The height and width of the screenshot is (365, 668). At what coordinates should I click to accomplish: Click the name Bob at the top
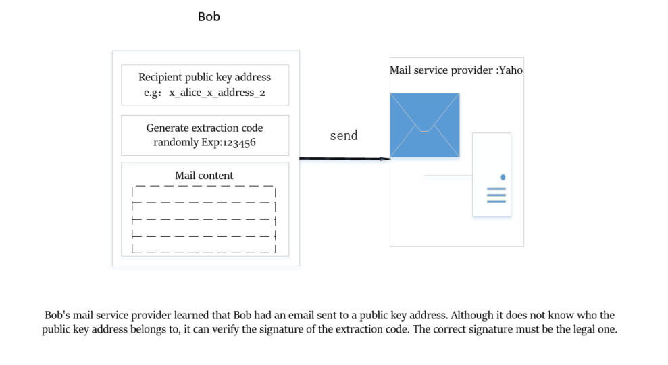[x=209, y=17]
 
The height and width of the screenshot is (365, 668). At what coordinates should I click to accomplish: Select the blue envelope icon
[x=424, y=125]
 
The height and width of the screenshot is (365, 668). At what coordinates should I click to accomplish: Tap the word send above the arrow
[x=343, y=136]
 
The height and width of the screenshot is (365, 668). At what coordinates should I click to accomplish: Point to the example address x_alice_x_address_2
[x=217, y=93]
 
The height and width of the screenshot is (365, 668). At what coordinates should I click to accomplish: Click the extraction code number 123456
[x=237, y=143]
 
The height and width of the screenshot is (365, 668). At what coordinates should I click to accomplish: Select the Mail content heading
[x=204, y=176]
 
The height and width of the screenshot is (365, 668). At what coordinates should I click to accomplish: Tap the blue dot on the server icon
[x=503, y=177]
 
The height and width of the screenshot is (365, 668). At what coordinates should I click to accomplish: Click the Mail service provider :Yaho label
[x=456, y=70]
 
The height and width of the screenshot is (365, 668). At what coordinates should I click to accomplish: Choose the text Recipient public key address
[x=205, y=77]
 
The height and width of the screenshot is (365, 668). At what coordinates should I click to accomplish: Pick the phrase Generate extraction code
[x=205, y=128]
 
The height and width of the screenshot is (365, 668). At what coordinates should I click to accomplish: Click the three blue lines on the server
[x=496, y=196]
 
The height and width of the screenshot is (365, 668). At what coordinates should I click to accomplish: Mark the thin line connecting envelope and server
[x=448, y=175]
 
